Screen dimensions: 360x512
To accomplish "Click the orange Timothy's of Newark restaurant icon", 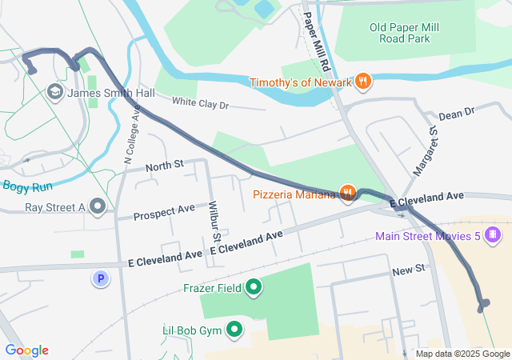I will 363,82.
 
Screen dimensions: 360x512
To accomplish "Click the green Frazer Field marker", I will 254,286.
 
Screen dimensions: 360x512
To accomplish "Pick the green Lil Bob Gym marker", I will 235,329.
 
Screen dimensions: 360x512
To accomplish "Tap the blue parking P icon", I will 101,278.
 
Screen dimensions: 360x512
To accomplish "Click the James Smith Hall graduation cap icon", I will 55,93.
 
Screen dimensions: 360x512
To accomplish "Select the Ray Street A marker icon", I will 98,207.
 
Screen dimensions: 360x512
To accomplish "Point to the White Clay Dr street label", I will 201,104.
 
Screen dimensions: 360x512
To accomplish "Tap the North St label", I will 164,166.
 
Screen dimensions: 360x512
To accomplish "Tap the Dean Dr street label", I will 456,114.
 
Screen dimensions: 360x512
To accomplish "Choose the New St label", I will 408,272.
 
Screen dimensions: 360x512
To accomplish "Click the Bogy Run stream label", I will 27,186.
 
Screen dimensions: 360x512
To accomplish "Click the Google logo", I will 26,350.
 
